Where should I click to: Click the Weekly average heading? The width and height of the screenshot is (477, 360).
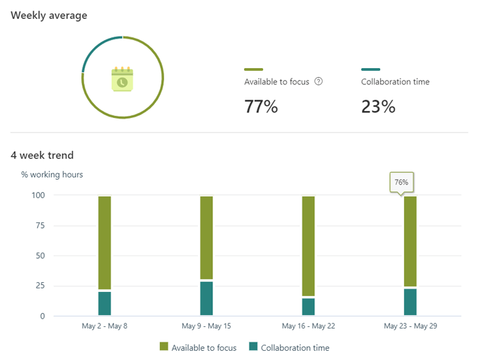pos(49,15)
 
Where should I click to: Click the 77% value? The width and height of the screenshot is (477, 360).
pos(261,107)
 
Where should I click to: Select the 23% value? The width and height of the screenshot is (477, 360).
pos(378,107)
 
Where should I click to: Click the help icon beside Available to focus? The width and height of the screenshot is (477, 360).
pos(318,81)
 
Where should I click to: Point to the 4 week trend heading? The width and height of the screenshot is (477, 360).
pos(42,155)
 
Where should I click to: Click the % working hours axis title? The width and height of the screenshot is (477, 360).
pos(52,174)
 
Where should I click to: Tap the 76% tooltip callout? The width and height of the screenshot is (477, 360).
pos(401,182)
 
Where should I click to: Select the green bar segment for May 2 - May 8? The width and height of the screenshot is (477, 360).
pos(105,242)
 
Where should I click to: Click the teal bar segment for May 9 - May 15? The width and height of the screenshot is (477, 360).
pos(206,298)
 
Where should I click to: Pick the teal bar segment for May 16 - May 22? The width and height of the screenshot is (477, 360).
pos(309,307)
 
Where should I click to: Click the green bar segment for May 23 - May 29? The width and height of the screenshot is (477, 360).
pos(410,241)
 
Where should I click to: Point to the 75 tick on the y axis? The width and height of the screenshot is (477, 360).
pos(39,225)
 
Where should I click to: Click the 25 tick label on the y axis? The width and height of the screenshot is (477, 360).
pos(39,286)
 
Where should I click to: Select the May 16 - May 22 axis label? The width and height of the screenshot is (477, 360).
pos(309,326)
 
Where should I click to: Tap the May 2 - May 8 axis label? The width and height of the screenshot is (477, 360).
pos(105,326)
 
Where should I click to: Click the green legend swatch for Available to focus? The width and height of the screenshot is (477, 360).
pos(164,347)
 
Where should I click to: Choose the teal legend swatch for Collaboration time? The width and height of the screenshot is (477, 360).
pos(254,347)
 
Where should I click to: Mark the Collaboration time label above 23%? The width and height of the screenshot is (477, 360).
pos(395,81)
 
